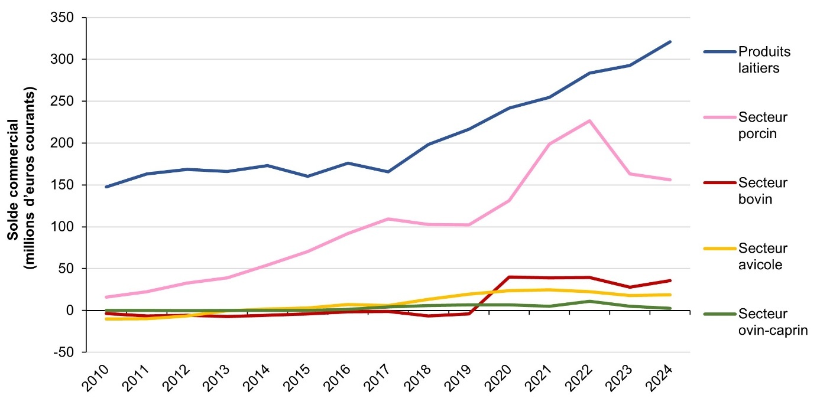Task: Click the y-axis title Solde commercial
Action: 21,178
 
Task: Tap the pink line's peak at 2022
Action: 589,121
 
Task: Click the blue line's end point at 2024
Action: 670,42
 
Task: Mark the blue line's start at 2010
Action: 106,187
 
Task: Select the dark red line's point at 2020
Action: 508,277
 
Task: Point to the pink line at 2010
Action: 106,297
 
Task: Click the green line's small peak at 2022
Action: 589,301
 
